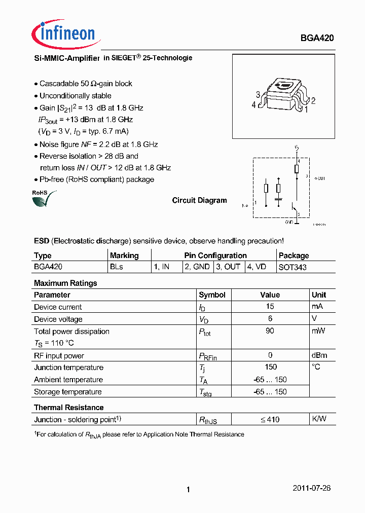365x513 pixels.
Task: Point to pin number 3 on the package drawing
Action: [x=258, y=94]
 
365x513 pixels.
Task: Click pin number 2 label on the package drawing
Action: [x=313, y=101]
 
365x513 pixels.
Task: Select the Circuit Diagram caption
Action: [x=199, y=200]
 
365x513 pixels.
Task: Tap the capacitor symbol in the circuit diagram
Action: [x=278, y=200]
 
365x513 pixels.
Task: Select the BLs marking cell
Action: [x=117, y=267]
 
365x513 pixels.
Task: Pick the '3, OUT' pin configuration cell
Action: [x=228, y=267]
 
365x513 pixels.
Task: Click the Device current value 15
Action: [x=270, y=307]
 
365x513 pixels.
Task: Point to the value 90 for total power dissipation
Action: [x=270, y=331]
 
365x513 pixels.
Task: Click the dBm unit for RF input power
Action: [x=319, y=355]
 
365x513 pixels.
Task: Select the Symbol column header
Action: [x=212, y=295]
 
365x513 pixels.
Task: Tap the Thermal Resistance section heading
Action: [x=68, y=408]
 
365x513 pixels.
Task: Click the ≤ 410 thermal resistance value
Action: [x=270, y=419]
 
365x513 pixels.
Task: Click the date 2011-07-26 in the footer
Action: [x=312, y=488]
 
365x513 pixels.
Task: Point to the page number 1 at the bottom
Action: [x=188, y=489]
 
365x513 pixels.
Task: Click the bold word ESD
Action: [x=42, y=241]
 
